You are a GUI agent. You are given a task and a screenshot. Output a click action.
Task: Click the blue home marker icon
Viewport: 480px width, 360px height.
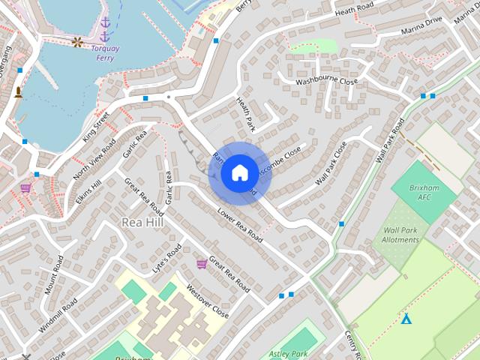pos(239,172)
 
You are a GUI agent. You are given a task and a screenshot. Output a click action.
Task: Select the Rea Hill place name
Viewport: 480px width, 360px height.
pos(140,222)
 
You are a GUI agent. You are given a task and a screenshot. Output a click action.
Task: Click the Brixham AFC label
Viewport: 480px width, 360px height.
pos(424,192)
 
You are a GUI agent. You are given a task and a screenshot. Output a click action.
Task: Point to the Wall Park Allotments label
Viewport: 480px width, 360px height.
pos(401,235)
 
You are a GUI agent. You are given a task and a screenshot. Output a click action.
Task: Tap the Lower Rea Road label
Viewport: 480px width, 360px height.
pos(240,225)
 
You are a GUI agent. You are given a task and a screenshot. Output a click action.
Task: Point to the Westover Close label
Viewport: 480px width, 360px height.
pos(207,300)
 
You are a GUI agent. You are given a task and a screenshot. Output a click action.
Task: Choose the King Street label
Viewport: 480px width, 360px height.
pos(97,125)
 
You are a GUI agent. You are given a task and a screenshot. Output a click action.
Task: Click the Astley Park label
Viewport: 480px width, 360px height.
pos(289,353)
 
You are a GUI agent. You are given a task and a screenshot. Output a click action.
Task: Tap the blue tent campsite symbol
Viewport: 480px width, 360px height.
pos(406,319)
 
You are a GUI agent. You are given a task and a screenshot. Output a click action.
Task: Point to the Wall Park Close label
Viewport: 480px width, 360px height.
pos(331,163)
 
